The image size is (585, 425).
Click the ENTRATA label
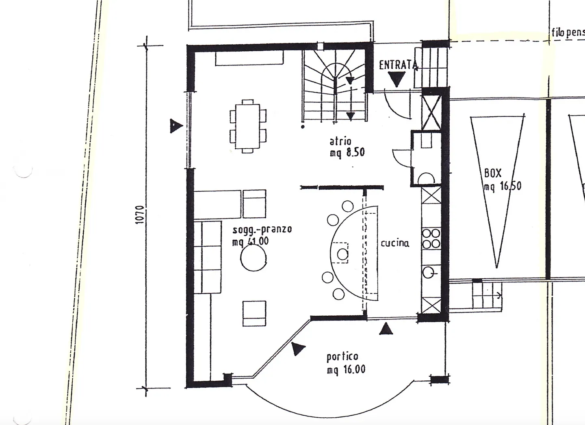[x=398, y=65]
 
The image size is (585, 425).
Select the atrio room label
[x=340, y=141]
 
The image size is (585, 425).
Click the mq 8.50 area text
[x=347, y=153]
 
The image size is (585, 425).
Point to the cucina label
[x=394, y=243]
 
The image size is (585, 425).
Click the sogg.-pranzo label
[x=262, y=229]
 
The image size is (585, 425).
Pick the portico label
[x=342, y=357]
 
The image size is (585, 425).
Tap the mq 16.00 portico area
[x=346, y=370]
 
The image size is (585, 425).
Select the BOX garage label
[x=493, y=173]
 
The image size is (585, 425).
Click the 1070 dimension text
[x=139, y=215]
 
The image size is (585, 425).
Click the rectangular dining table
[x=247, y=126]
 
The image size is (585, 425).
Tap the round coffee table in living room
[x=253, y=259]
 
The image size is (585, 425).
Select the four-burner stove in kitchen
[x=431, y=239]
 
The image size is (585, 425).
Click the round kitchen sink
[x=428, y=272]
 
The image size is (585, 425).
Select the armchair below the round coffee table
[x=254, y=313]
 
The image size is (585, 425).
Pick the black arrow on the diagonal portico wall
[x=298, y=349]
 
